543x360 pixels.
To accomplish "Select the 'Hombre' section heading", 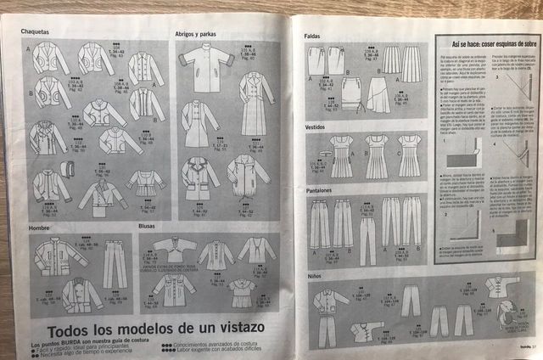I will pos(39,227).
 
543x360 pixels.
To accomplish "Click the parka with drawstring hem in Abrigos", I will pos(248,174).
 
